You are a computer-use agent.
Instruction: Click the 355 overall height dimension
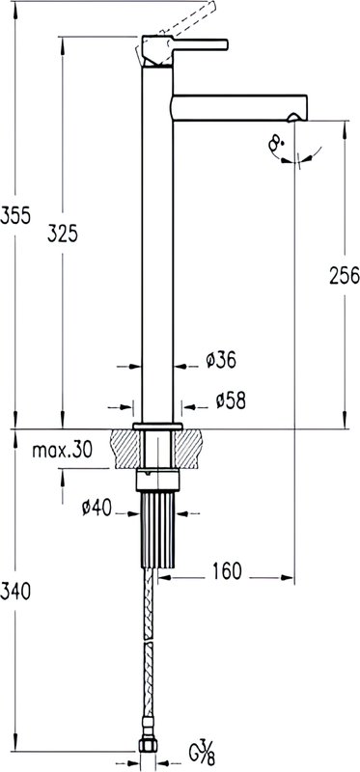click(15, 215)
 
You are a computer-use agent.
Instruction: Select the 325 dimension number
click(63, 234)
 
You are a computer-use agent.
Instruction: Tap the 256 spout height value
click(345, 276)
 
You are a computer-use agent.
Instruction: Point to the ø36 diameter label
click(221, 360)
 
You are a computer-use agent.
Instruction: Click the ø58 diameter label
click(231, 400)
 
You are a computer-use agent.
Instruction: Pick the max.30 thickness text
click(62, 450)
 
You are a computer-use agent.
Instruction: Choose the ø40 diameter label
click(97, 508)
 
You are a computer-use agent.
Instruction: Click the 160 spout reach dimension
click(227, 571)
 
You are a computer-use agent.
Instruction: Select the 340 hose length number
click(15, 592)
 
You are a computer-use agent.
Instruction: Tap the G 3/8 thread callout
click(203, 754)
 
